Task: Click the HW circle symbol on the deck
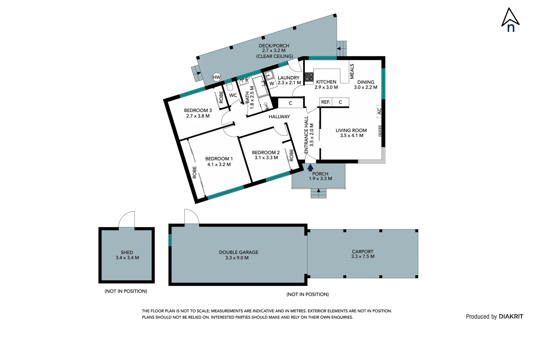[x=217, y=77]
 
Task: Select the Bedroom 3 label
[x=198, y=110]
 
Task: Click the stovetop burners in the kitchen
[x=309, y=77]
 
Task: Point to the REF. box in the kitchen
[x=325, y=102]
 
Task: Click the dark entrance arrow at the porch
[x=310, y=168]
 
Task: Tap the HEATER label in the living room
[x=380, y=131]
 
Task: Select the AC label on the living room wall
[x=379, y=111]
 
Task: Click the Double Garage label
[x=239, y=252]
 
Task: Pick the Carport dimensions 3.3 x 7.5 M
[x=362, y=256]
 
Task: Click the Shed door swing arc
[x=127, y=219]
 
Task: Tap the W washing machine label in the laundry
[x=272, y=84]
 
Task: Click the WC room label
[x=233, y=95]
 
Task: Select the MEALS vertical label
[x=352, y=71]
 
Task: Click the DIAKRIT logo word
[x=511, y=316]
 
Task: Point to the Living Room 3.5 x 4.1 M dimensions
[x=351, y=136]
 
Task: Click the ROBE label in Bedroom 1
[x=195, y=172]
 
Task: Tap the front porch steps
[x=318, y=193]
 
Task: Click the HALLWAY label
[x=279, y=117]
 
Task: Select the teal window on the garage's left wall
[x=170, y=240]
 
